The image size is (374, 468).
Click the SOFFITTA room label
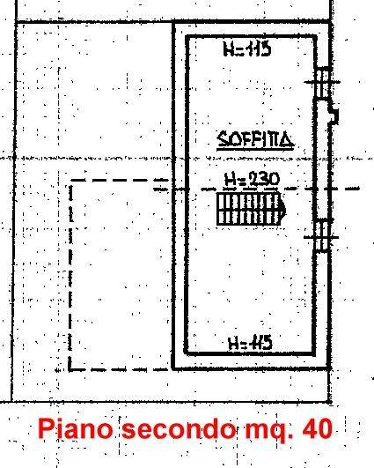[x=255, y=139]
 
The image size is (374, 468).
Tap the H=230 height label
[x=252, y=180]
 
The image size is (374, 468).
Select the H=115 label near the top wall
[x=247, y=49]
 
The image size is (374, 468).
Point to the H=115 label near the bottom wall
[x=250, y=343]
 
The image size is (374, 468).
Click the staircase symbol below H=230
[x=251, y=209]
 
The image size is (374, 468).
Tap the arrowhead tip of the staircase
[x=286, y=211]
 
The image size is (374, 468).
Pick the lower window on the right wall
[x=321, y=236]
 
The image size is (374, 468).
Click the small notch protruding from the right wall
[x=334, y=114]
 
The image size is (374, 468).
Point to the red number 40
[x=317, y=428]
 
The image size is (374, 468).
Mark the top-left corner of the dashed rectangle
[x=71, y=181]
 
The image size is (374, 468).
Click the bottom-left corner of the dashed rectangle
[x=70, y=370]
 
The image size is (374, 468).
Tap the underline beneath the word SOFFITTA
[x=255, y=147]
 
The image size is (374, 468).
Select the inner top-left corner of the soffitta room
[x=187, y=38]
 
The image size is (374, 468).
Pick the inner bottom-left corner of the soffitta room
[x=187, y=353]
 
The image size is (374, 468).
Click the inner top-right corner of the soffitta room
[x=315, y=38]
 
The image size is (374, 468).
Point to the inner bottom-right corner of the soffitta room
[x=314, y=353]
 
